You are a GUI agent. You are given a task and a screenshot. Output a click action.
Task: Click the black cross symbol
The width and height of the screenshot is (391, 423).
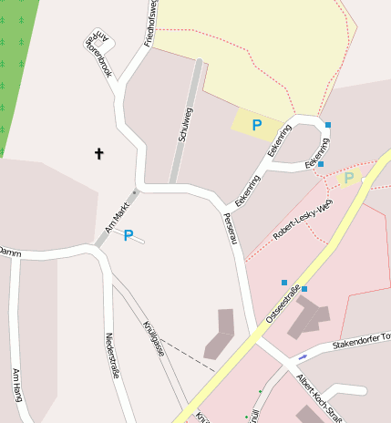tap(99, 153)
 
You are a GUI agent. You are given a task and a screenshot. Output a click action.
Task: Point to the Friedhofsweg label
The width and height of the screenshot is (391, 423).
tap(151, 25)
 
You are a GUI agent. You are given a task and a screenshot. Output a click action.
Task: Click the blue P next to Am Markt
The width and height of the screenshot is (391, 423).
tap(129, 235)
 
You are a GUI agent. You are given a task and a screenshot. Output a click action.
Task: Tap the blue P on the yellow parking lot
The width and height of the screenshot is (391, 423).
tap(257, 125)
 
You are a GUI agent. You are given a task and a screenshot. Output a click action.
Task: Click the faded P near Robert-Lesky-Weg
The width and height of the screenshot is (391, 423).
tap(348, 178)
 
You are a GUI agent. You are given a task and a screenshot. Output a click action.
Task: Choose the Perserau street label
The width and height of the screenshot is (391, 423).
tap(232, 229)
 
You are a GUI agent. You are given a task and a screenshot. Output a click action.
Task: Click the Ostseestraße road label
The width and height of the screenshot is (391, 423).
tap(283, 304)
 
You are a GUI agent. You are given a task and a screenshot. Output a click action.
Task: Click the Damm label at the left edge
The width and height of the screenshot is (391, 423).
tap(9, 252)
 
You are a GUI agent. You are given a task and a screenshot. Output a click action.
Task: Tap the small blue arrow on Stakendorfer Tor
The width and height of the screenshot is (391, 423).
tap(302, 356)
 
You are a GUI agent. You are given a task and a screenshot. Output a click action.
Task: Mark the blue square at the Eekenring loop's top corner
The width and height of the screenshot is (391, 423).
tap(328, 124)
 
